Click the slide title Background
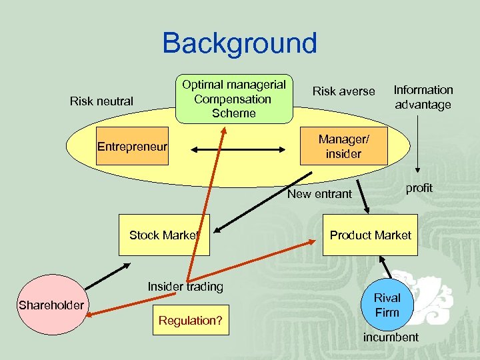pos(239,43)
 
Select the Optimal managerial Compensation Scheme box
pos(233,99)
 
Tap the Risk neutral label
pos(101,101)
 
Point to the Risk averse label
pos(344,91)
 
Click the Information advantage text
pos(423,97)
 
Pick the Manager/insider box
pos(343,147)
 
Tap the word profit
pos(419,188)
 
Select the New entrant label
pos(319,194)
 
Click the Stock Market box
pos(164,235)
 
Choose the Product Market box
pos(371,235)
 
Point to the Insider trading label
pos(185,287)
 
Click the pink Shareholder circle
pos(51,305)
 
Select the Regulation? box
pos(191,321)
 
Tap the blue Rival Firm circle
pos(387,305)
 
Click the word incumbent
pos(391,337)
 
